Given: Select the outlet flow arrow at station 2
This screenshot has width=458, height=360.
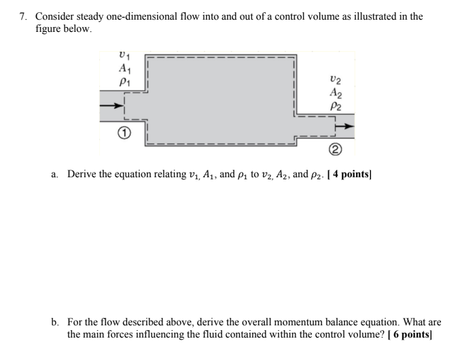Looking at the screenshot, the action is point(345,126).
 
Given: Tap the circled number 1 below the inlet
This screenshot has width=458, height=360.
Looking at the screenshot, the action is point(123,134).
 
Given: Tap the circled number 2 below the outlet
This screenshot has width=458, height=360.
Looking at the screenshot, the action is point(335,150).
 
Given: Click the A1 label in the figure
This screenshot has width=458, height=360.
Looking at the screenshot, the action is point(124,68).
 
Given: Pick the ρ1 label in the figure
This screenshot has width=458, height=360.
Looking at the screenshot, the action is point(124,82).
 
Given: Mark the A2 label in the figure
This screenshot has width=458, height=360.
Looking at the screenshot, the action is point(335,94).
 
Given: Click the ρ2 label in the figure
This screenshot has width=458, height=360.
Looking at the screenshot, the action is point(335,106).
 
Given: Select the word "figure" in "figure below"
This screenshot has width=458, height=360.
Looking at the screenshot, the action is point(49,29).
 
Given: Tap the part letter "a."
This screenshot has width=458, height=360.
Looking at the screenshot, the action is point(54,175).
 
